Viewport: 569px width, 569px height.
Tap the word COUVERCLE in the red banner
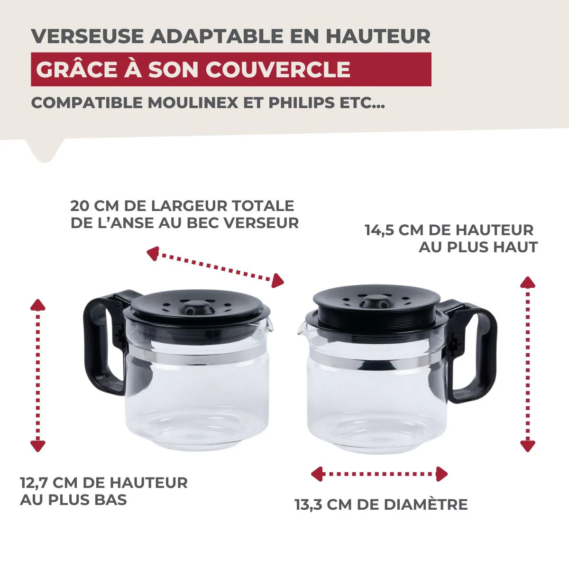click(x=278, y=70)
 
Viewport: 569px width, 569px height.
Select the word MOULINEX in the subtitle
click(x=193, y=103)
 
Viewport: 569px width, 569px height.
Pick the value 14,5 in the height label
click(x=379, y=230)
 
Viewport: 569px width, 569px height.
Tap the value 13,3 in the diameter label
click(x=308, y=505)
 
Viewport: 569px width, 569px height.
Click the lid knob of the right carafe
click(x=373, y=301)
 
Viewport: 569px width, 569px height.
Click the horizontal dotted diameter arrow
click(x=379, y=474)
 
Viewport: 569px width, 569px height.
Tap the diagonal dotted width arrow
click(x=215, y=267)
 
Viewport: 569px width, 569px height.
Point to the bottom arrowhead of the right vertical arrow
click(x=527, y=446)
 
